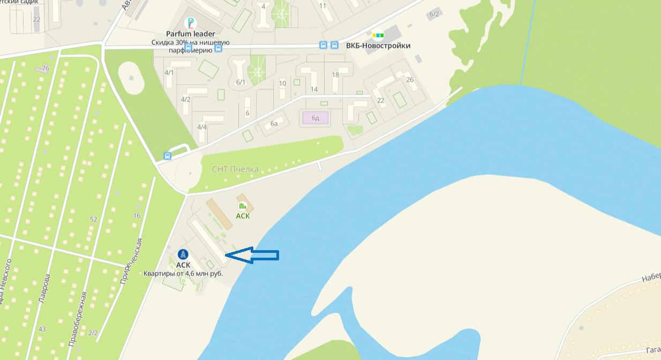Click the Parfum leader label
190,34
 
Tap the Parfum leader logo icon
190,23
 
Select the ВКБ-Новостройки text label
378,46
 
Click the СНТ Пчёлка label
235,169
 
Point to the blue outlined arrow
252,256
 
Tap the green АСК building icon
242,206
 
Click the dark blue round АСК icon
183,254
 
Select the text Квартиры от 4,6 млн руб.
183,273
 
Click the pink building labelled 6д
315,118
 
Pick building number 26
410,80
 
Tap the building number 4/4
202,127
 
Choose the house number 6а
274,123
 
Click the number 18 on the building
335,74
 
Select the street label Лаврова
46,289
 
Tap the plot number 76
45,68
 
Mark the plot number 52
94,219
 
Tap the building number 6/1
241,82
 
